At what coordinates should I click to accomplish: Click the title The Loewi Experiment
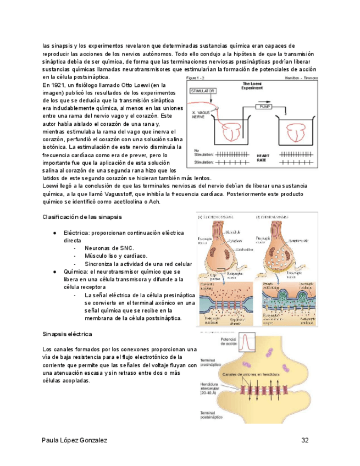(x=256, y=85)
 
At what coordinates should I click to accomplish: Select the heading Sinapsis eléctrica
(x=67, y=334)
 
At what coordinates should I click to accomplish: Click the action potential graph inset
(x=249, y=348)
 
